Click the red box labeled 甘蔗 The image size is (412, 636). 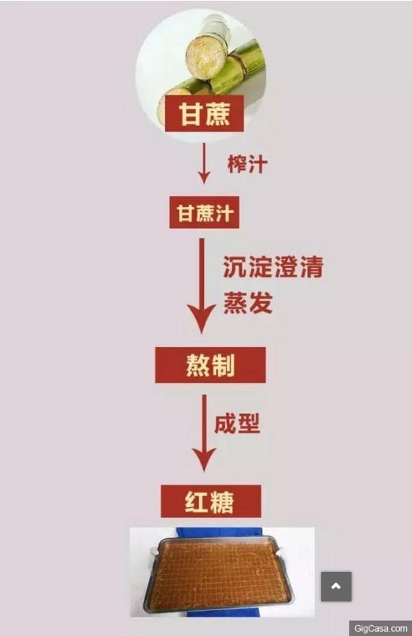pos(204,114)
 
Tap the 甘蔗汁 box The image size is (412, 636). pos(204,212)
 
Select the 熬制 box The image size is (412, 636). pos(210,365)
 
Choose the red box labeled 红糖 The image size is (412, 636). pos(210,501)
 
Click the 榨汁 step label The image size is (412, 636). pos(247,164)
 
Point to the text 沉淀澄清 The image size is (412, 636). pos(273,267)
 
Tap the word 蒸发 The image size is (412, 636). pos(248,302)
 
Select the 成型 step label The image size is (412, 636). pos(237,424)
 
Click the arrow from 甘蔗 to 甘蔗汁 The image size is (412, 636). pos(204,163)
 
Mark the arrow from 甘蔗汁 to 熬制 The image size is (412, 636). pos(202,286)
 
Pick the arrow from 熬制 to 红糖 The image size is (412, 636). pos(204,433)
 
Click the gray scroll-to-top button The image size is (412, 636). pos(336,586)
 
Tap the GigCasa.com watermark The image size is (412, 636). pos(380,628)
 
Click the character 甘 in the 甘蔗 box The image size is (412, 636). pos(190,114)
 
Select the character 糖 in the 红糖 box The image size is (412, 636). pos(223,501)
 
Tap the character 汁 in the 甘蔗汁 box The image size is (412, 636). pos(225,213)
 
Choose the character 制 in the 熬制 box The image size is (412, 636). pos(223,365)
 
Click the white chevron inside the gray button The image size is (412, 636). pos(336,586)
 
